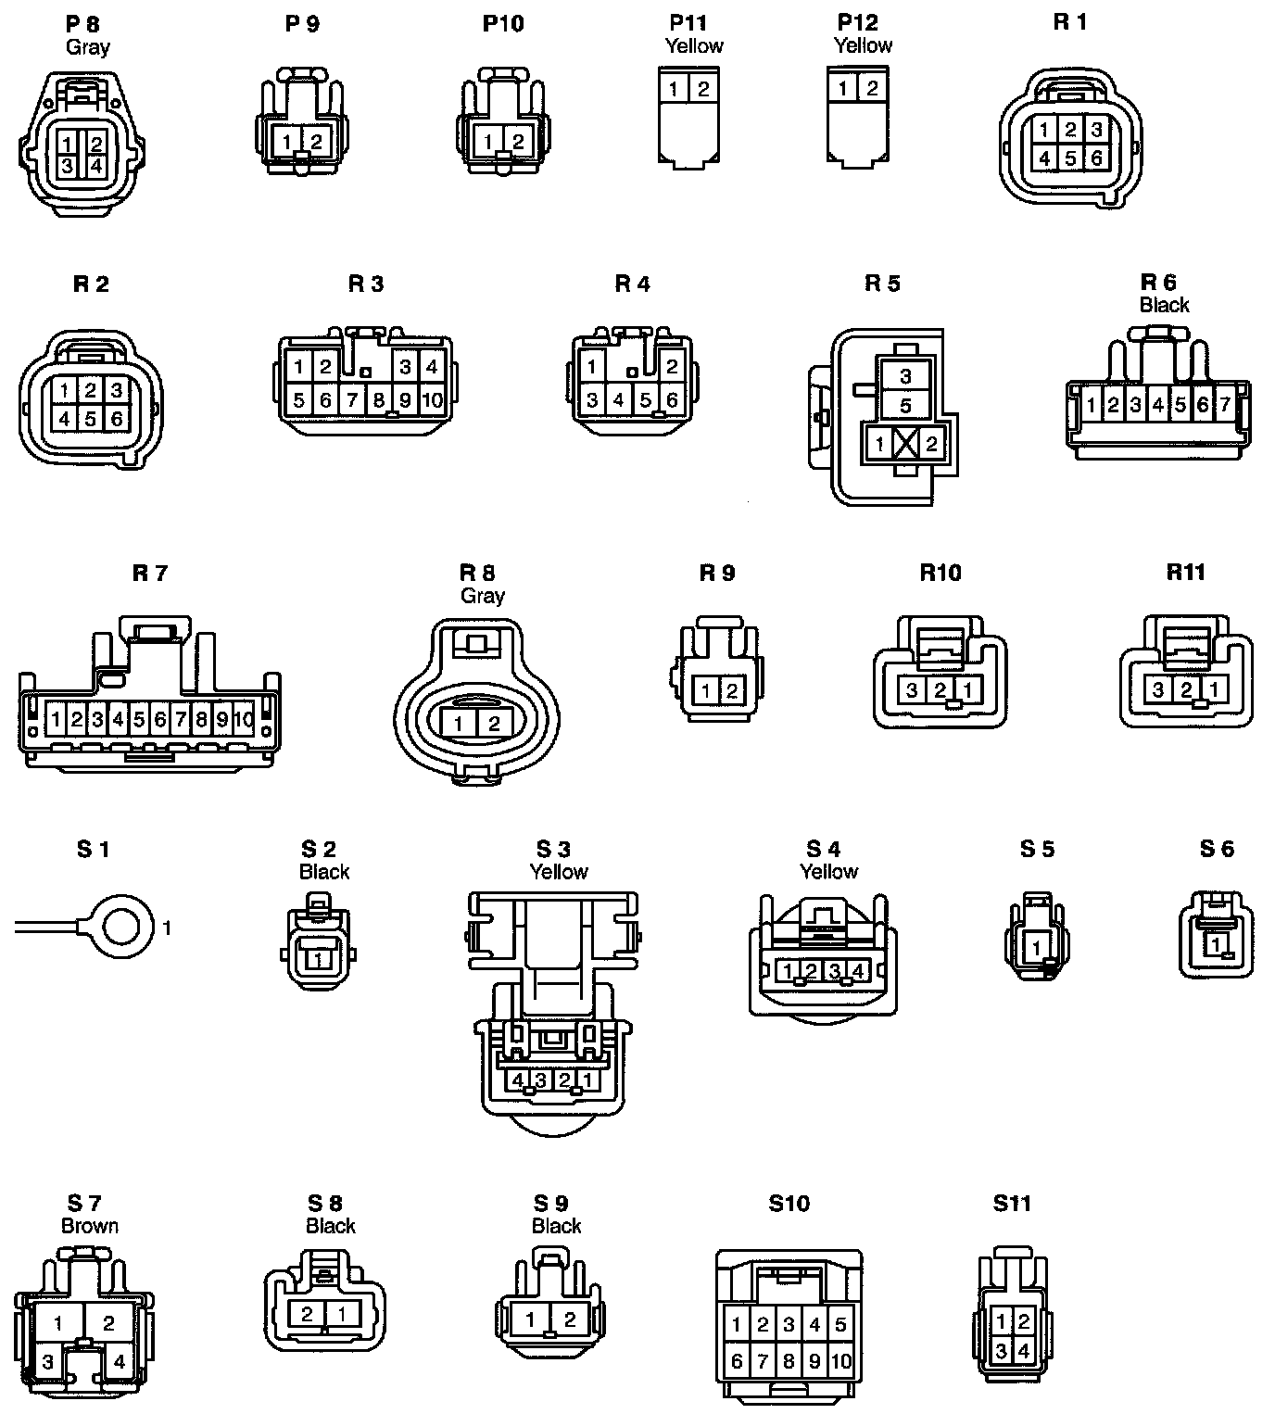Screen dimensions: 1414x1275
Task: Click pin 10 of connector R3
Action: [x=432, y=401]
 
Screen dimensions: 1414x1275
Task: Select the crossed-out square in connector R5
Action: [x=905, y=444]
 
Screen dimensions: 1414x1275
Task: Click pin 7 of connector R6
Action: [x=1225, y=405]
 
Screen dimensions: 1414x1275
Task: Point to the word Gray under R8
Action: [x=482, y=596]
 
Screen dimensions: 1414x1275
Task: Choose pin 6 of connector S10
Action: [x=737, y=1361]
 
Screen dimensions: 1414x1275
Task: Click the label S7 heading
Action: [x=83, y=1204]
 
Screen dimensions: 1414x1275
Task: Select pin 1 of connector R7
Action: [x=57, y=718]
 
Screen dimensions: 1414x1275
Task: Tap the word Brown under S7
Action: [x=90, y=1226]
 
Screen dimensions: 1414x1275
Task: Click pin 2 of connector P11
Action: [x=703, y=89]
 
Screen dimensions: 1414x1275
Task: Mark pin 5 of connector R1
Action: [x=1070, y=158]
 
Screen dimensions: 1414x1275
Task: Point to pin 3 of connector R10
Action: [x=913, y=689]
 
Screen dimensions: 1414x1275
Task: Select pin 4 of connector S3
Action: [x=517, y=1079]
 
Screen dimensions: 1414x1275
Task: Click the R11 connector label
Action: [x=1185, y=573]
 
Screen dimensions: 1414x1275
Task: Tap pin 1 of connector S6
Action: [x=1216, y=944]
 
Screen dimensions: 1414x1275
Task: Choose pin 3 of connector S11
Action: [x=1002, y=1352]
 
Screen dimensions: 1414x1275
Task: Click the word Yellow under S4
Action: [x=828, y=871]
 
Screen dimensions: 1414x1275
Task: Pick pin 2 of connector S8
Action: [x=309, y=1313]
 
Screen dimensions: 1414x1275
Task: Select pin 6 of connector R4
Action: [x=673, y=401]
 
